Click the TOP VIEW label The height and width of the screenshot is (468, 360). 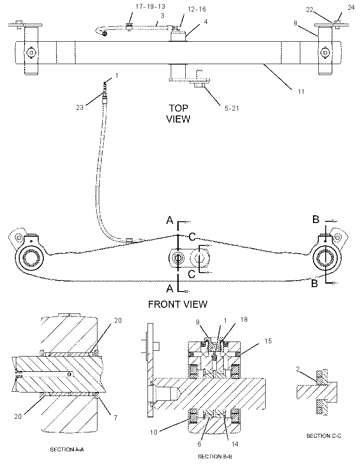178,113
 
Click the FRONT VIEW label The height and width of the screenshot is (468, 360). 178,304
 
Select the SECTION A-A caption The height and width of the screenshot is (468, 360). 67,449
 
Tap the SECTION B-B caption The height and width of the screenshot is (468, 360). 215,456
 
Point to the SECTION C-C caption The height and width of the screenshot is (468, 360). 324,436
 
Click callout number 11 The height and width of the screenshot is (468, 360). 301,92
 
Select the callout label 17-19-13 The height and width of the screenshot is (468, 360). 150,6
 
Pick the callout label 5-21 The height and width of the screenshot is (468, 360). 232,108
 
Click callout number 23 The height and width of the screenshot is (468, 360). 79,107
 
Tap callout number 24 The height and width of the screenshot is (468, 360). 351,7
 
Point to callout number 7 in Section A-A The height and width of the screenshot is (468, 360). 115,418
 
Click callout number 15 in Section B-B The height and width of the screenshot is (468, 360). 268,341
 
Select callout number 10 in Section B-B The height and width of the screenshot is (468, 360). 153,432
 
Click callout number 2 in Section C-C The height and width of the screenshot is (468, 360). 298,369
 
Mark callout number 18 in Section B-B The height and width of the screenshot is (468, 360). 244,319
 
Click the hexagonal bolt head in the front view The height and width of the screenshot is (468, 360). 200,258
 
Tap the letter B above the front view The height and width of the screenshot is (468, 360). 316,220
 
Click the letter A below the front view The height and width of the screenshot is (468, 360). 169,288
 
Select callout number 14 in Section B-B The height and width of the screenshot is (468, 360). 235,444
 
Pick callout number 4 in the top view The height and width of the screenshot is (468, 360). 205,22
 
